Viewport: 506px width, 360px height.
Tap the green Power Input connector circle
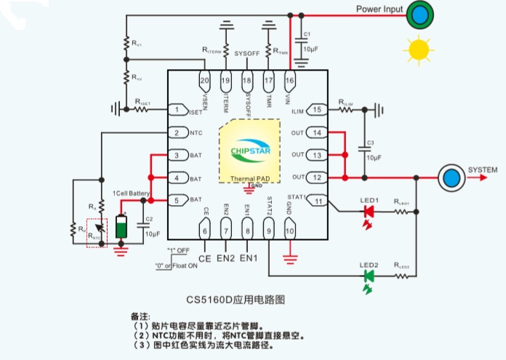click(418, 15)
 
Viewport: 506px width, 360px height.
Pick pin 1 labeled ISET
click(177, 111)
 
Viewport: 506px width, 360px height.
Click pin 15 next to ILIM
click(318, 110)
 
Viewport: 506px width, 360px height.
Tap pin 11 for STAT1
click(318, 200)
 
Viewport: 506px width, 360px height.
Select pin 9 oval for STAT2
click(268, 231)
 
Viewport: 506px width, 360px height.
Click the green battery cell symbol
click(121, 225)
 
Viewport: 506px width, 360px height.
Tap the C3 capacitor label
click(370, 142)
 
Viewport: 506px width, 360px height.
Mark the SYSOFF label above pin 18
click(247, 55)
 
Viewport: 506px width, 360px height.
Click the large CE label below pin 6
click(204, 257)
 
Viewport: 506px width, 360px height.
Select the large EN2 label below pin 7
click(226, 257)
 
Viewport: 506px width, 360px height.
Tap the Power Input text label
click(379, 9)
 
